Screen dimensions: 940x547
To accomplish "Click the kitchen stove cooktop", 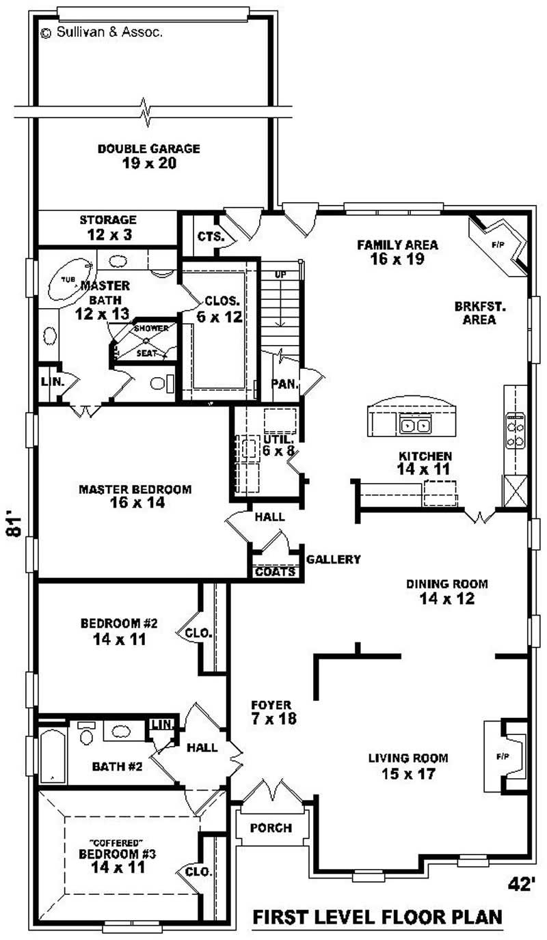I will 515,430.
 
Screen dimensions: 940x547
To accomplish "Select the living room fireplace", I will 509,756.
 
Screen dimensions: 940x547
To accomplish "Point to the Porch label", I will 271,828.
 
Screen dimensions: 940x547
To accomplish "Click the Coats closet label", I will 276,572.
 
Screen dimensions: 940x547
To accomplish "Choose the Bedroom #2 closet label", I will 198,633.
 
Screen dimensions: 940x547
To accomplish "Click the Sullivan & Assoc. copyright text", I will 101,31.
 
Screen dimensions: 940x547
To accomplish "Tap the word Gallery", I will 333,559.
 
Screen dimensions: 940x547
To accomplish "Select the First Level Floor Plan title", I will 378,917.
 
